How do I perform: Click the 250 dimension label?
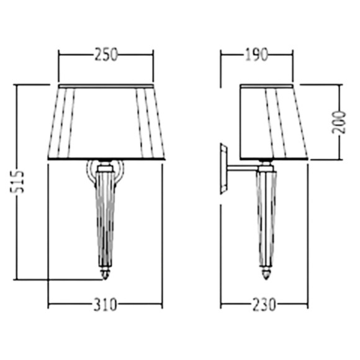[x=106, y=55]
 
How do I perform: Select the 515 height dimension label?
[x=17, y=182]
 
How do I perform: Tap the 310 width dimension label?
[x=106, y=305]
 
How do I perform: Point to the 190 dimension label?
[x=257, y=55]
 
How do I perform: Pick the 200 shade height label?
[x=339, y=122]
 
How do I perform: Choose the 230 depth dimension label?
[x=264, y=305]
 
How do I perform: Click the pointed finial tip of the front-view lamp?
[x=106, y=279]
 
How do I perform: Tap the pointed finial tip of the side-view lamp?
[x=266, y=279]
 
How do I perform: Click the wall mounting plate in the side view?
[x=224, y=169]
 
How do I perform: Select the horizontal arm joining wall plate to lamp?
[x=243, y=169]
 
